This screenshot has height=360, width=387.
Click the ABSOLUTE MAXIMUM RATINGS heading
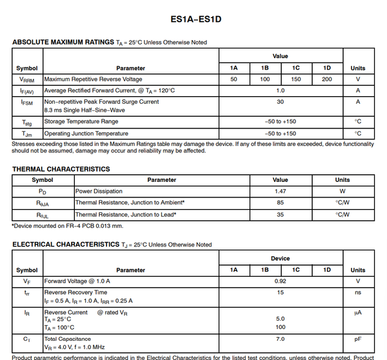[x=63, y=43]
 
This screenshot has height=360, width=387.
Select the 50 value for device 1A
[x=233, y=79]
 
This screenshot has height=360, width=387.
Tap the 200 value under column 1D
[x=326, y=79]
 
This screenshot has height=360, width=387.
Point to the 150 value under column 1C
[x=296, y=79]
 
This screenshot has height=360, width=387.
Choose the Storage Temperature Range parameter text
[x=81, y=121]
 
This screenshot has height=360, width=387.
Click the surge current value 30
[x=280, y=102]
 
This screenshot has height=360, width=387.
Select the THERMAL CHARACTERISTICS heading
[x=61, y=169]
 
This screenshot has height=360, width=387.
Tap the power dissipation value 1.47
[x=280, y=192]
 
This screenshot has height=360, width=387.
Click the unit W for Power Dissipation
[x=342, y=192]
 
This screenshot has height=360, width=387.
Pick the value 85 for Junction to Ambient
[x=280, y=203]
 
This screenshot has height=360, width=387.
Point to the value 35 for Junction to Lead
[x=280, y=214]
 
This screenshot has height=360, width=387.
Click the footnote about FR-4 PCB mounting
[x=68, y=226]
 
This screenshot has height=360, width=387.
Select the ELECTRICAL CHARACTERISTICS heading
[x=66, y=245]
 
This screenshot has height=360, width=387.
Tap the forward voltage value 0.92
[x=280, y=281]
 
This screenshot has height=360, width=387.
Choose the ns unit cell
[x=357, y=293]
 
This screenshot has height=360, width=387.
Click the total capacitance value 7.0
[x=280, y=339]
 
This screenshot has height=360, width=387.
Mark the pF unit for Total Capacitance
[x=357, y=339]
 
